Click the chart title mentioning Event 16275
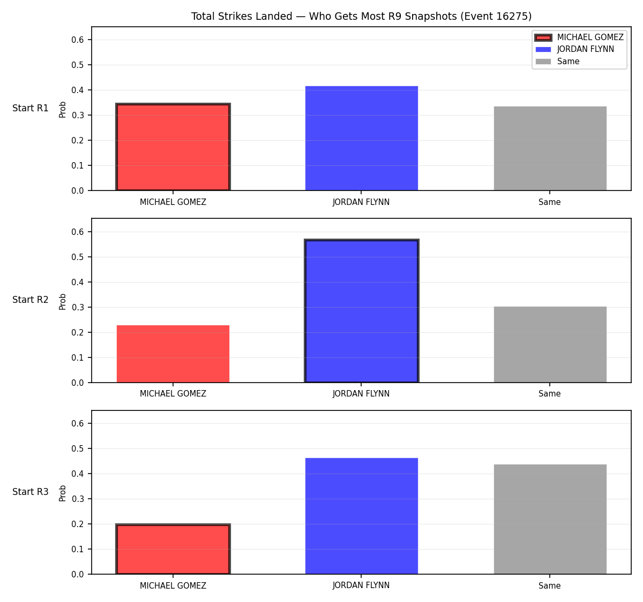pyautogui.click(x=361, y=16)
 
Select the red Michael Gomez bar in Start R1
pyautogui.click(x=173, y=147)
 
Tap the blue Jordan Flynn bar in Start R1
pyautogui.click(x=361, y=138)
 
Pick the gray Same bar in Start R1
pyautogui.click(x=550, y=148)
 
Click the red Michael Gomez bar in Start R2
pyautogui.click(x=173, y=354)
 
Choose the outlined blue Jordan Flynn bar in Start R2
pyautogui.click(x=361, y=311)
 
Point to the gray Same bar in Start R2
pyautogui.click(x=550, y=344)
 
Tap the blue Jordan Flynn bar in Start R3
pyautogui.click(x=361, y=516)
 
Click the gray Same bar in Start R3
pyautogui.click(x=550, y=519)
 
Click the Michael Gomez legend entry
pyautogui.click(x=579, y=37)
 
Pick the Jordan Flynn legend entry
pyautogui.click(x=575, y=49)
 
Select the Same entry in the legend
pyautogui.click(x=557, y=62)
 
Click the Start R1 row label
pyautogui.click(x=30, y=108)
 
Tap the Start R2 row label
pyautogui.click(x=30, y=300)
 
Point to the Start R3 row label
pyautogui.click(x=30, y=492)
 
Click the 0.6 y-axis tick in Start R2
pyautogui.click(x=77, y=232)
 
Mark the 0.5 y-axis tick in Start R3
pyautogui.click(x=77, y=448)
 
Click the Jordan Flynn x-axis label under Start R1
pyautogui.click(x=361, y=202)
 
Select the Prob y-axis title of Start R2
pyautogui.click(x=63, y=301)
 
